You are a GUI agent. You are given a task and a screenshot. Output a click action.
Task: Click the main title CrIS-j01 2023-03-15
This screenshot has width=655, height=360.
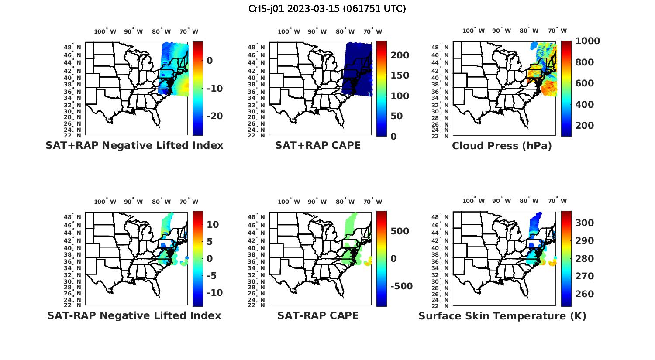(x=327, y=9)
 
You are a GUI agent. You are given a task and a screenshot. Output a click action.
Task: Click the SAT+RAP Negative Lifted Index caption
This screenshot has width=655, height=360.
(x=134, y=145)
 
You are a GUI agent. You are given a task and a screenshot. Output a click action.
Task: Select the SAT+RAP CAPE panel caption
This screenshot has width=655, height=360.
(x=318, y=145)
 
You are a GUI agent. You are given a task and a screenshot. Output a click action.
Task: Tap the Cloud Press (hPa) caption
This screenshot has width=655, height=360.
(x=502, y=146)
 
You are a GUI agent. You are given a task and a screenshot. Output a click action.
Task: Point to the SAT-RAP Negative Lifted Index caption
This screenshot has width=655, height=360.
(x=134, y=315)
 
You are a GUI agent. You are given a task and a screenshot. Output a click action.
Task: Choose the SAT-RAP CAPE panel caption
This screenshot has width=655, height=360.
(x=318, y=315)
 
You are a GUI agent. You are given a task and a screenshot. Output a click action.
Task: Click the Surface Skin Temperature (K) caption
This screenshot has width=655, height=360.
(x=502, y=316)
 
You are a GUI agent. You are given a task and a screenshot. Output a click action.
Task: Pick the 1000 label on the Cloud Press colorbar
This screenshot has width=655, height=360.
(x=587, y=41)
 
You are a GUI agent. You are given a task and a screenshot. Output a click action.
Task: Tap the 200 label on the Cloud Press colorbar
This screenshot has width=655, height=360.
(x=585, y=126)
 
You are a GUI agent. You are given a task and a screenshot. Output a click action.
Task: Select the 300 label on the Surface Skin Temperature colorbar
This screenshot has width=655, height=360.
(x=585, y=223)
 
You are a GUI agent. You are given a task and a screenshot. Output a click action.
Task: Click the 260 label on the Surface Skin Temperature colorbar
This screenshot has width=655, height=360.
(x=585, y=294)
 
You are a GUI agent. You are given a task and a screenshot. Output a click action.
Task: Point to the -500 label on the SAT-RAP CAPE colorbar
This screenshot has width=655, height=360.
(x=401, y=286)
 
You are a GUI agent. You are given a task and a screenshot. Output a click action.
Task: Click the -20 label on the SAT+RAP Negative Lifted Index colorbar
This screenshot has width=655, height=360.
(x=214, y=116)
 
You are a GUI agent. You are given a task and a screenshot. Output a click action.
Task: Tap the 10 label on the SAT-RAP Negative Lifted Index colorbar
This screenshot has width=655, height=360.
(x=213, y=225)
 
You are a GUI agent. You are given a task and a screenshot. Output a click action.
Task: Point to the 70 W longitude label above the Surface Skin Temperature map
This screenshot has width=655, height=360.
(x=557, y=201)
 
